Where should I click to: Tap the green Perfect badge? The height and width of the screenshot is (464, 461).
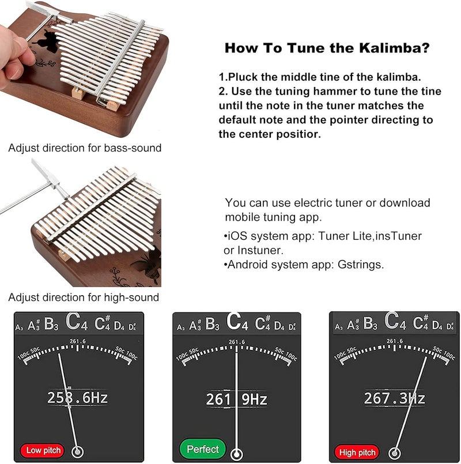coord(203,449)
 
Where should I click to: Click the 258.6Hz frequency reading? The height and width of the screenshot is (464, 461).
coord(77,398)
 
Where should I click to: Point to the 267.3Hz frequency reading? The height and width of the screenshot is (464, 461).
coord(394,398)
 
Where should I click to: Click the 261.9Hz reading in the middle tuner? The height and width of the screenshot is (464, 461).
coord(236,399)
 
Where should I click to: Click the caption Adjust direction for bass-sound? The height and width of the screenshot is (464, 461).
coord(85,148)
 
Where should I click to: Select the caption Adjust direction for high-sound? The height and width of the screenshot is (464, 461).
coord(84,297)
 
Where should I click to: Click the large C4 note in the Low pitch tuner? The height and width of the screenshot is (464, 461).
coord(76,322)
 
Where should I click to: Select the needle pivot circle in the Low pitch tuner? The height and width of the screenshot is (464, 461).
coord(77,452)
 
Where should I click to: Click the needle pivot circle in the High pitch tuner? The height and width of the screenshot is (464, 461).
coord(395,452)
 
